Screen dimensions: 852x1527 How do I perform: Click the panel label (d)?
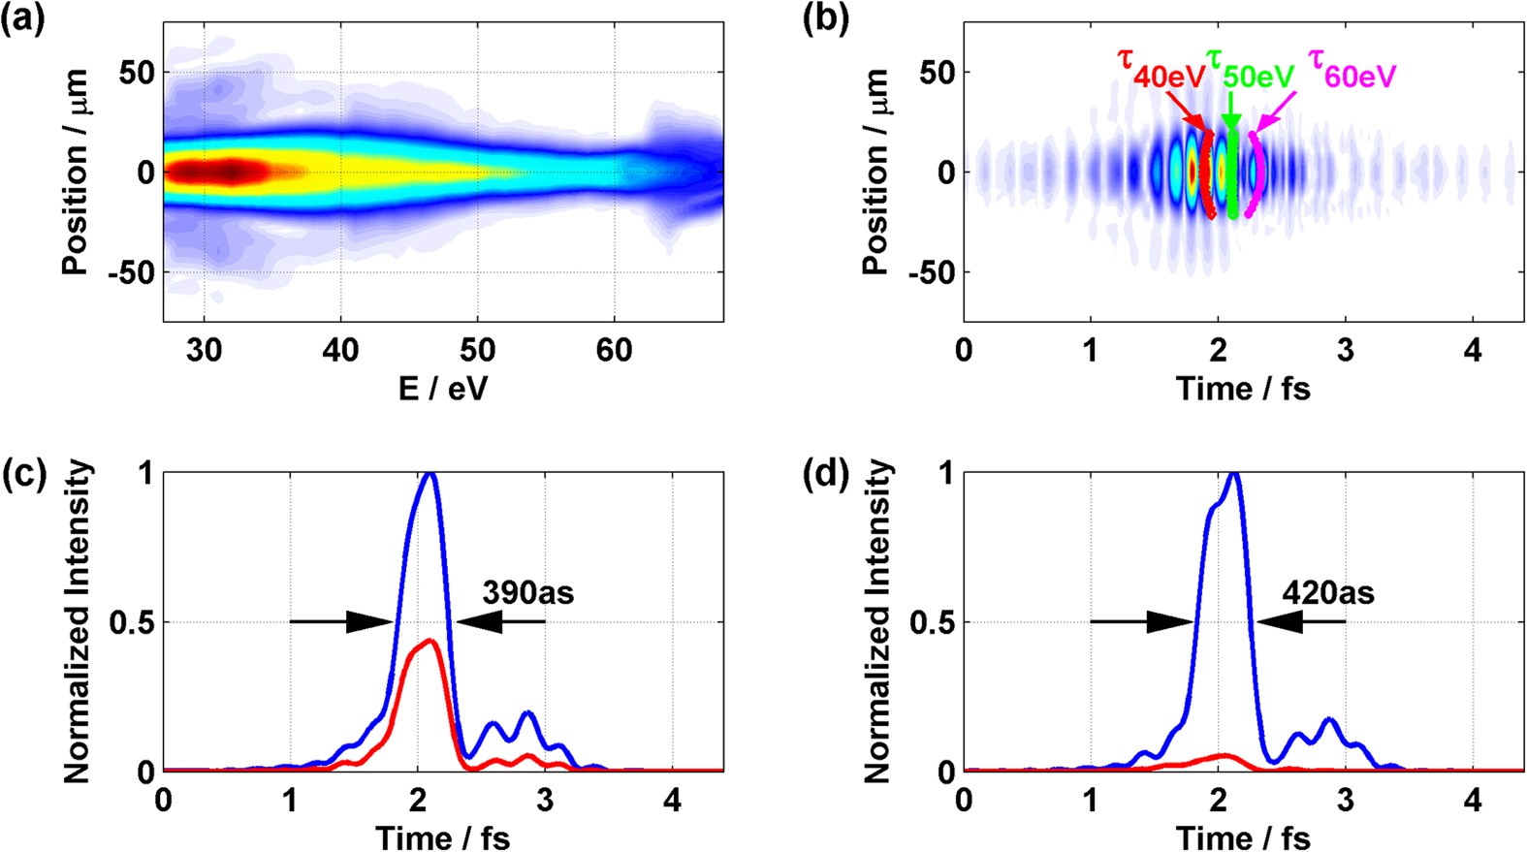point(823,475)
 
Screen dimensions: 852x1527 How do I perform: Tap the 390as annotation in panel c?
point(527,591)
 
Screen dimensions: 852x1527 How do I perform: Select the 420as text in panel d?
point(1327,591)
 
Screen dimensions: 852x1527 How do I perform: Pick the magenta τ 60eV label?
point(1352,68)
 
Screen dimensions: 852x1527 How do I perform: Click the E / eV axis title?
point(443,388)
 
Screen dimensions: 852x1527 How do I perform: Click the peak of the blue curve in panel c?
point(429,475)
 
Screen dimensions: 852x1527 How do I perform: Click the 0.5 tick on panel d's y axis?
point(932,622)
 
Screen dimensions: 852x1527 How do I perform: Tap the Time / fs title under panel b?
point(1243,388)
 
